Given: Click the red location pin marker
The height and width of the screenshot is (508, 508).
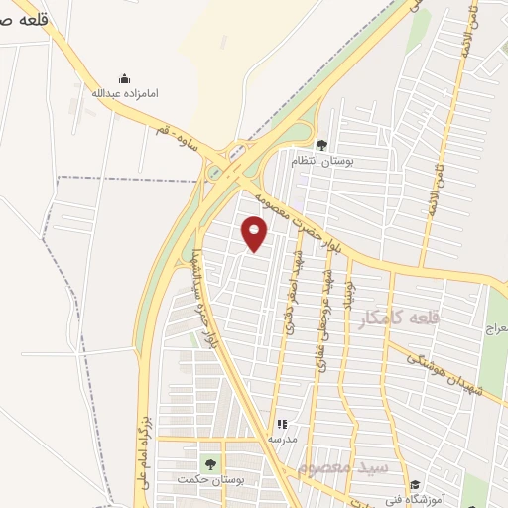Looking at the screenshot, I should (x=256, y=234).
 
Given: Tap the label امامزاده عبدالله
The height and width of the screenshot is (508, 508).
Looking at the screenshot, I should (x=124, y=94).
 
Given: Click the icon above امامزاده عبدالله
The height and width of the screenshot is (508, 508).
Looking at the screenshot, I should (x=124, y=78).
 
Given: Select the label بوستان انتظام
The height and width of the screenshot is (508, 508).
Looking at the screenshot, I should (x=320, y=160).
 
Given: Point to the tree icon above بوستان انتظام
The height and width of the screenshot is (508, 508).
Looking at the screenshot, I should (x=320, y=145).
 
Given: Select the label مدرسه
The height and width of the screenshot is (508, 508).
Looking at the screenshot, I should (x=282, y=438).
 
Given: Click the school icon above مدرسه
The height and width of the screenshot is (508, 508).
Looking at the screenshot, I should (x=282, y=424).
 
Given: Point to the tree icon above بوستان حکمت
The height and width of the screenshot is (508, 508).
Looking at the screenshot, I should (x=209, y=464).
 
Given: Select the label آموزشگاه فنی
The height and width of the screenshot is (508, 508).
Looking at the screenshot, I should (x=434, y=500).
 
